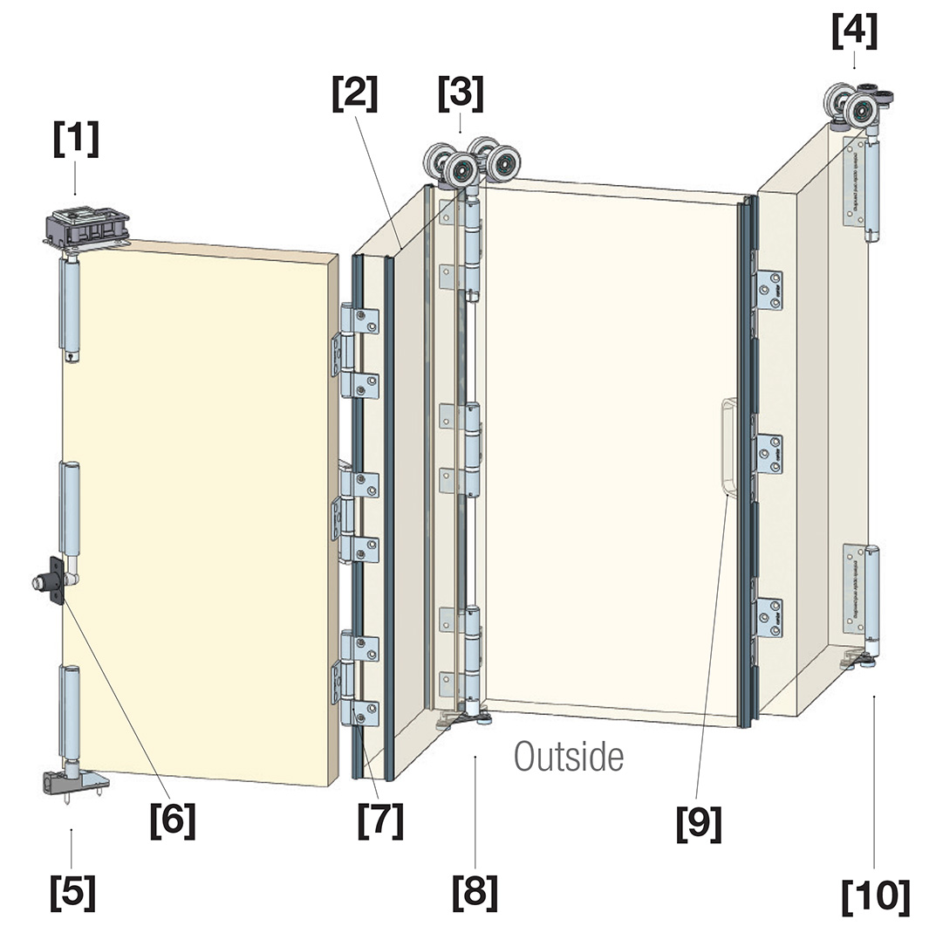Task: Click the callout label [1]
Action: coord(76,140)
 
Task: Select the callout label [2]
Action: coord(355,93)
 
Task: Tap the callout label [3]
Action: coord(461,93)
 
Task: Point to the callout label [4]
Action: coord(854,32)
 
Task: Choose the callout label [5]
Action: coord(72,891)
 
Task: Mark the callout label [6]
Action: coord(172,820)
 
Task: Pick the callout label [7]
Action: coord(381,820)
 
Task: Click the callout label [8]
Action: coord(475,891)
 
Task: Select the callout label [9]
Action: coord(699,823)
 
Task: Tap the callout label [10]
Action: coord(875,896)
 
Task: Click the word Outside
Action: coord(569,757)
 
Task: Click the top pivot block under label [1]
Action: coord(87,224)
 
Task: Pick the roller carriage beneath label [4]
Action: coord(853,106)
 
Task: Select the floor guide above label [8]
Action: coord(464,718)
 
